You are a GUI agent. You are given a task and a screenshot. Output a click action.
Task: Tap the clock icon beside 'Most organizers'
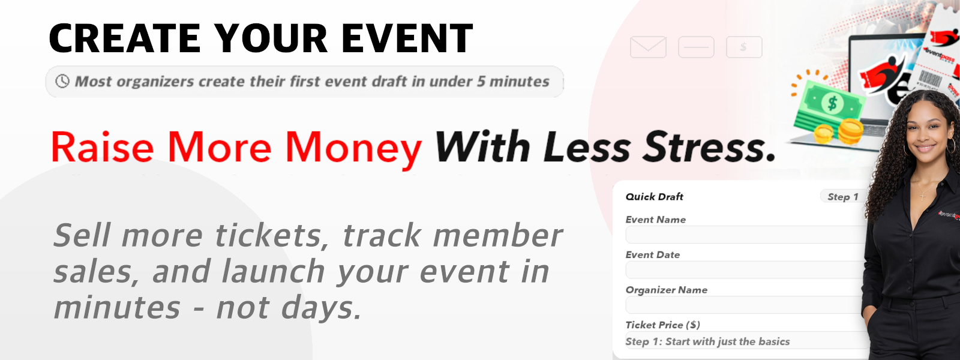click(62, 81)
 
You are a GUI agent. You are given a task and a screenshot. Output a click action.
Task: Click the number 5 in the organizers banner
click(481, 82)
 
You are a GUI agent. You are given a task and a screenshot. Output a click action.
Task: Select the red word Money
click(353, 148)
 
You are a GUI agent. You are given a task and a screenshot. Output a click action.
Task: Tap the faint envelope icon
click(648, 47)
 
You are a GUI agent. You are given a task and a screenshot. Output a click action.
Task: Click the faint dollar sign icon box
click(744, 47)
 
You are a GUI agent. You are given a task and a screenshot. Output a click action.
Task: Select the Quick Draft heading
click(655, 197)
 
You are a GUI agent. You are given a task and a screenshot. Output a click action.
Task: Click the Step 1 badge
click(842, 197)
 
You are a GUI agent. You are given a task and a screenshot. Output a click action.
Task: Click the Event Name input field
click(746, 235)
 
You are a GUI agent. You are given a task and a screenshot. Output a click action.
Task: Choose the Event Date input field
click(746, 270)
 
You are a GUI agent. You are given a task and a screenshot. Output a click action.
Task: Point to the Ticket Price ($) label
click(662, 325)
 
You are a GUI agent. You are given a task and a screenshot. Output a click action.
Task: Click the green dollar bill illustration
click(829, 105)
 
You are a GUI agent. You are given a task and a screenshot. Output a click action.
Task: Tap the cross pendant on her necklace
click(923, 196)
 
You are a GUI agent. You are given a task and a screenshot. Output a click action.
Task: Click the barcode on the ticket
click(931, 79)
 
